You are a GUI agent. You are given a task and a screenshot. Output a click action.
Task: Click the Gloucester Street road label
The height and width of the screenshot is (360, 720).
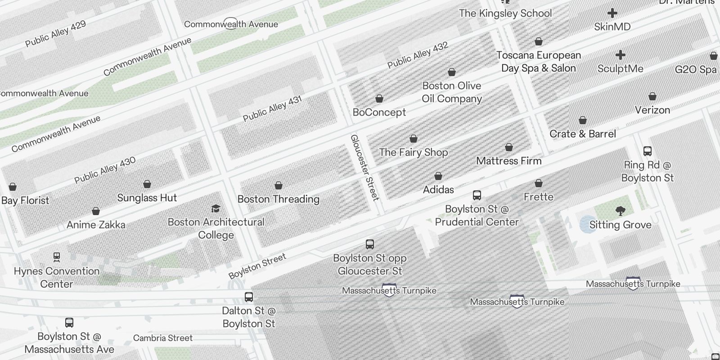pos(365,167)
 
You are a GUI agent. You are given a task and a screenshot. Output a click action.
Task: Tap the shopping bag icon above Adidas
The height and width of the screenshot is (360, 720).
pos(438,176)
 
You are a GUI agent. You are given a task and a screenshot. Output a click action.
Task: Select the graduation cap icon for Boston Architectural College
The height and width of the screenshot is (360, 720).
pos(216,208)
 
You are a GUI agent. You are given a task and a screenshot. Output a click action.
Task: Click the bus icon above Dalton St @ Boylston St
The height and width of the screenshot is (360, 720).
pos(249,297)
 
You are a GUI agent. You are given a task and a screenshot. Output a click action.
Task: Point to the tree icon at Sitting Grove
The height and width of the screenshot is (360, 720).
pos(620,211)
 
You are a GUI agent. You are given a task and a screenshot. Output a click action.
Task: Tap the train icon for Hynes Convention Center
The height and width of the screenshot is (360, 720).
pos(57,257)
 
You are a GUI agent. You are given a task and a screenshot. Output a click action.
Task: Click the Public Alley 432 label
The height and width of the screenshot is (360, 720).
pos(418,55)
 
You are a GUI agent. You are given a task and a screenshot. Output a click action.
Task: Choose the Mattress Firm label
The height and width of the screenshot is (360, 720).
pos(508,161)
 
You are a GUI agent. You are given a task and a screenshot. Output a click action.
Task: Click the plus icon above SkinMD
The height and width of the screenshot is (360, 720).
pos(612,13)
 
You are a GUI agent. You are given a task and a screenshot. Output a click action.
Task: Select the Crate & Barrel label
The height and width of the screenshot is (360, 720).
pos(583,134)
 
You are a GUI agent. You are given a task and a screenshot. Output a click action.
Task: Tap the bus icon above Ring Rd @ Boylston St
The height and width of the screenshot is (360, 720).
pos(648,151)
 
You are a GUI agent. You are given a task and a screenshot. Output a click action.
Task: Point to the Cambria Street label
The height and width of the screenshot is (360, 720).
pos(163,338)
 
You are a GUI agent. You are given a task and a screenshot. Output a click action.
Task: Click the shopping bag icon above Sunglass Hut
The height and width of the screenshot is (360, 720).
pos(147,184)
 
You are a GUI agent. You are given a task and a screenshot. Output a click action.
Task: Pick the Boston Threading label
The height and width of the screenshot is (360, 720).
pos(278,199)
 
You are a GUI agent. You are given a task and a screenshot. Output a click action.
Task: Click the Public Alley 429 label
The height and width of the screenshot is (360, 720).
pos(55,33)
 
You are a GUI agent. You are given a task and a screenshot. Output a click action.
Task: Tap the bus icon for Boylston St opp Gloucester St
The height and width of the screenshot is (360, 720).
pos(370,244)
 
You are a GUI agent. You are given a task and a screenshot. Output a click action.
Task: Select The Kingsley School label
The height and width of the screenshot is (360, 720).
pos(505,13)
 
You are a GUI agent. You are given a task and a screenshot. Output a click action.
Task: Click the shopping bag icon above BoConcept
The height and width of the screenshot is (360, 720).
pos(379,99)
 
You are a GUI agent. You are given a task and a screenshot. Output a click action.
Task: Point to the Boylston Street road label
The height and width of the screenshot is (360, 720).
pos(257,266)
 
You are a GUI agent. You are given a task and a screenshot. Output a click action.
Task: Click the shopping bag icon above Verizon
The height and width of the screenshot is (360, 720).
pos(652,96)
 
